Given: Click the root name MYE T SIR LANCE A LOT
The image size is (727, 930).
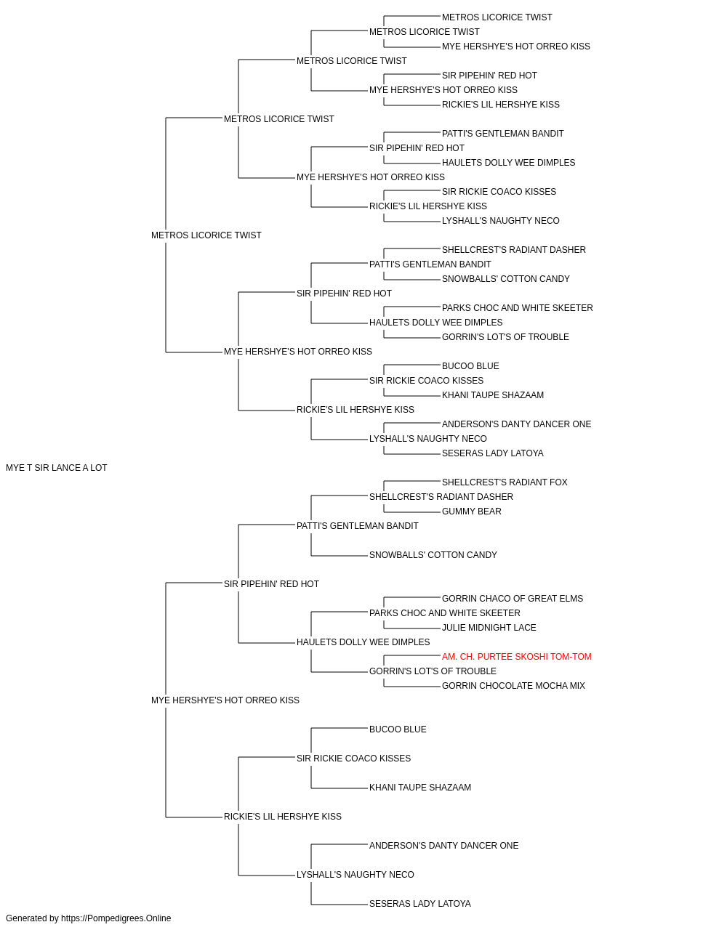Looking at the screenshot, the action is (x=56, y=468).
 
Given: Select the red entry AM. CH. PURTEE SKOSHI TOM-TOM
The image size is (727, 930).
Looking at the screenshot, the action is (x=516, y=657).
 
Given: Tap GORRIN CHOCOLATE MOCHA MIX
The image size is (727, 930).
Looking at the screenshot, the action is (x=513, y=686).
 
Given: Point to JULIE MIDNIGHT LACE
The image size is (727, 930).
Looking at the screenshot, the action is (x=489, y=628).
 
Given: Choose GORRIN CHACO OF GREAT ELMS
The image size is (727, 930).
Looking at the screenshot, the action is (x=513, y=598).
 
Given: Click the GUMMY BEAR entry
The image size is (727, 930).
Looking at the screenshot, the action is (x=471, y=511).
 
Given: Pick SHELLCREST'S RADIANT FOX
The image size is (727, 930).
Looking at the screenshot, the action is (x=505, y=482).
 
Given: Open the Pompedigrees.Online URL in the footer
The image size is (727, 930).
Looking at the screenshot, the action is (x=116, y=918).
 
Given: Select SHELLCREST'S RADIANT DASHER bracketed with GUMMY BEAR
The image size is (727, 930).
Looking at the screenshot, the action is (x=441, y=496).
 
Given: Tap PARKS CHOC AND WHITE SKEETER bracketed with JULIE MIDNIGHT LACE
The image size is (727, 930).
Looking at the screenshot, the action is (x=445, y=613).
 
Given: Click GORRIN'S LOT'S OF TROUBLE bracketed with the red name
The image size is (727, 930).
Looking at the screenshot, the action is (x=433, y=671).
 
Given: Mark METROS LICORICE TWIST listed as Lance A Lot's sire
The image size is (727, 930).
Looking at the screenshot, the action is (x=206, y=235).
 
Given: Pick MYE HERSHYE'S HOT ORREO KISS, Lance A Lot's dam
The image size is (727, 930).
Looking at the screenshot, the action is (x=225, y=700).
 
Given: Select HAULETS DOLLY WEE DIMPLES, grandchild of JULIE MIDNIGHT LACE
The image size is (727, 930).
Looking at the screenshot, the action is (x=363, y=642).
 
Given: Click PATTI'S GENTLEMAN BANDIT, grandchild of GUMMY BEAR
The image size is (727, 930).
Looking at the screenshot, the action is (x=358, y=525).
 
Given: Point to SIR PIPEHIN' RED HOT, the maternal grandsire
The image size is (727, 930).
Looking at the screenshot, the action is (x=271, y=583).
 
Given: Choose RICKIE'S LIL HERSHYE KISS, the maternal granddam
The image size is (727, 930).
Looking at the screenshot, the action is (x=283, y=816).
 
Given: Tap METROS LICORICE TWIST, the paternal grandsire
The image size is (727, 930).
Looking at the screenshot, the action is (x=278, y=118).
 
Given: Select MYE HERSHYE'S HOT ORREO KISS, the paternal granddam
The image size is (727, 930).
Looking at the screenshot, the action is (x=298, y=352).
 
